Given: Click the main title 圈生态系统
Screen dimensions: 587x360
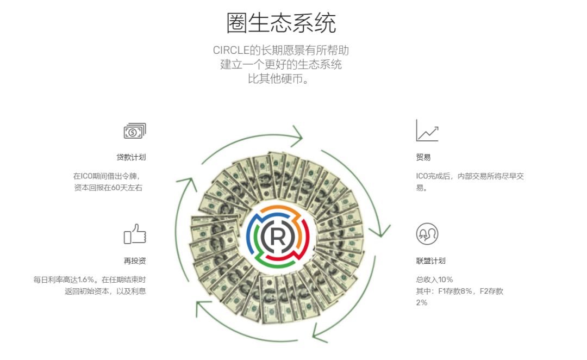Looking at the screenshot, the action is pos(281,23).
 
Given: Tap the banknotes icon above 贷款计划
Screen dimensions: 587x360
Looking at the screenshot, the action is pos(135,131).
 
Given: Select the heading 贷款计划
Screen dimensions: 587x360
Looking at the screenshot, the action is pos(131,157).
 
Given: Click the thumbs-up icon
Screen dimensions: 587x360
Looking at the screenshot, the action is pos(135,234).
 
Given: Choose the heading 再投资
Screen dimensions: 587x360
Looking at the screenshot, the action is pos(135,260).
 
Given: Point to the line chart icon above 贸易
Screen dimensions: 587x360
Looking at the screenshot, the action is pos(427,131).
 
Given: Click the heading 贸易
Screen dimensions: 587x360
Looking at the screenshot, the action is pos(423,157).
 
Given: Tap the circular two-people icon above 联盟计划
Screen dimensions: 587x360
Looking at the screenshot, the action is pos(427,234).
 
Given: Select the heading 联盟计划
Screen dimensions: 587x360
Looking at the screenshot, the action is pos(430,260).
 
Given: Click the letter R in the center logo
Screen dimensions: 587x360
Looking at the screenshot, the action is pos(278,236).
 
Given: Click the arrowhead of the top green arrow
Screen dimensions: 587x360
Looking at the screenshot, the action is pos(298,136).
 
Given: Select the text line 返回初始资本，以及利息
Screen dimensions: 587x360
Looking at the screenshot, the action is pos(105,291).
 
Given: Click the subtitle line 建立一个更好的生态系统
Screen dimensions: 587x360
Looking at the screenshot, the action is pos(281,64).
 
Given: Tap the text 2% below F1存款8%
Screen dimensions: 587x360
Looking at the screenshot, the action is pos(422,302).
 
